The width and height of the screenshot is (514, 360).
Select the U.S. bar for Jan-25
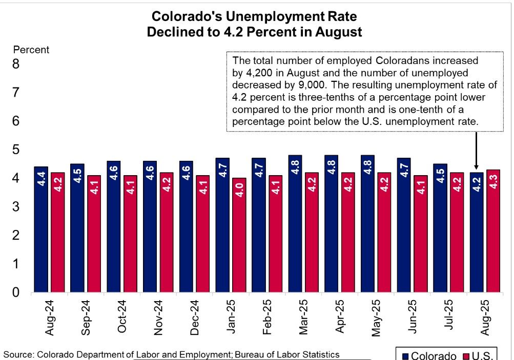[239, 235]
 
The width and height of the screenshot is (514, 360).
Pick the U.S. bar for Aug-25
[493, 231]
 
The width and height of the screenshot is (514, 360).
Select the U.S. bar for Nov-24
[167, 232]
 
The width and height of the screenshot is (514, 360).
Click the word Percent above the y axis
[31, 50]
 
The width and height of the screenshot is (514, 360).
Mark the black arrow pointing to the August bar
[477, 151]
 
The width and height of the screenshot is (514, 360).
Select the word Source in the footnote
[16, 354]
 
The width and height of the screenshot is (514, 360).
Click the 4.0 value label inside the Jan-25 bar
[239, 197]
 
